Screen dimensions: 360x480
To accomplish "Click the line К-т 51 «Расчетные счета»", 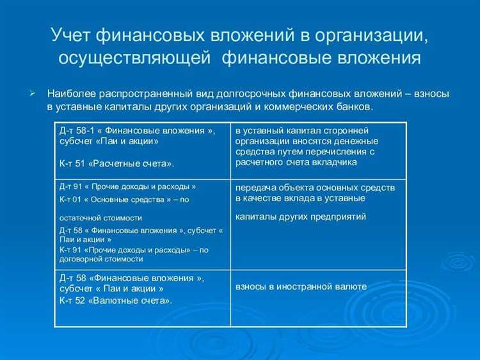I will point(116,164).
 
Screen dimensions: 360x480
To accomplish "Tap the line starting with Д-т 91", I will point(127,186).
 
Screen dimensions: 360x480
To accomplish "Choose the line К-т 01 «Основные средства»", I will point(124,199).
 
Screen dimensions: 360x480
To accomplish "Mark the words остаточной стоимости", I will point(100,218).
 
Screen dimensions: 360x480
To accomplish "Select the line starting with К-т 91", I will point(134,250).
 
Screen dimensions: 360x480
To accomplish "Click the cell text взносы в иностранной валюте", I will point(301,286).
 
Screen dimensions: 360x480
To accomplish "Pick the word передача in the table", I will point(255,188).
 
